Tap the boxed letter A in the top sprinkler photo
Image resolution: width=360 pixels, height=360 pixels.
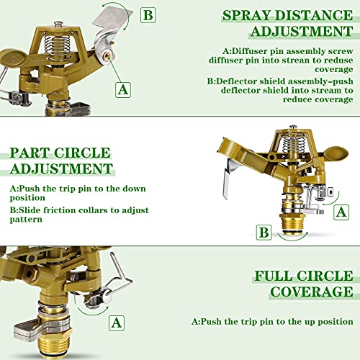pos(123,89)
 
